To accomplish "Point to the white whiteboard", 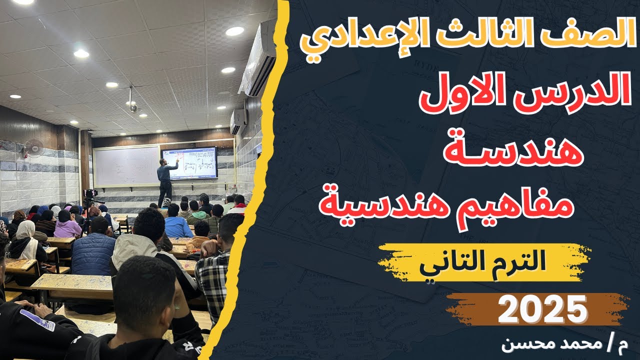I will click(x=126, y=165).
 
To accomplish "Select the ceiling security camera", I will click(x=132, y=105).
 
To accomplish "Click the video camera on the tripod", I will click(x=91, y=195).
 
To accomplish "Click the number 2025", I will click(x=542, y=308).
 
